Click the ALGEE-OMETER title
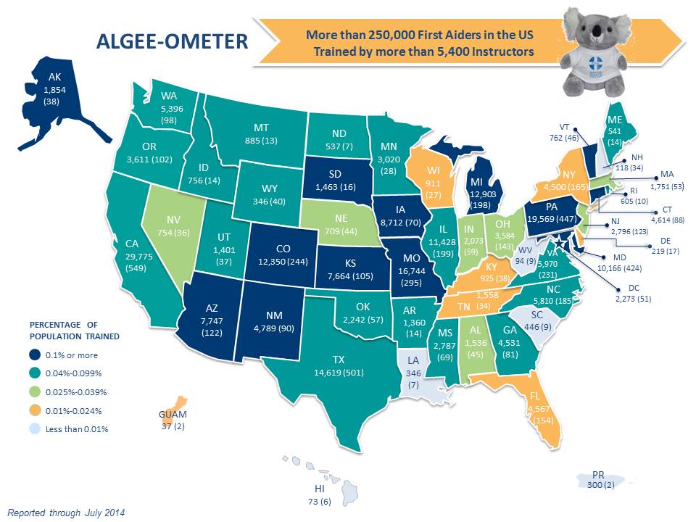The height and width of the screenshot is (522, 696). [x=172, y=42]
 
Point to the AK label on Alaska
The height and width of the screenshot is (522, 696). [x=54, y=76]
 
